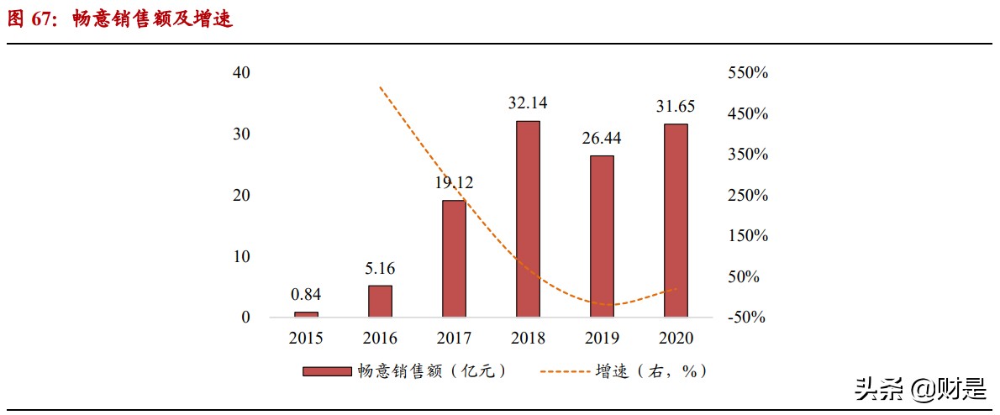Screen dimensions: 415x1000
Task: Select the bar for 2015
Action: [306, 314]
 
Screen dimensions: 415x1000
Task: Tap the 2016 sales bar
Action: [380, 301]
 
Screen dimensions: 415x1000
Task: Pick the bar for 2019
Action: [602, 236]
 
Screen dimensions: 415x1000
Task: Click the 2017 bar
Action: [454, 258]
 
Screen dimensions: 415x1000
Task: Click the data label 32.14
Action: [528, 103]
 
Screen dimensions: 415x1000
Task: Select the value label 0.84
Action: [306, 294]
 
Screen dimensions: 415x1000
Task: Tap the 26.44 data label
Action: [602, 138]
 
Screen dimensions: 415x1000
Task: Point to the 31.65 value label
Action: [676, 107]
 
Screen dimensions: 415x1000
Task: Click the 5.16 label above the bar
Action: [380, 269]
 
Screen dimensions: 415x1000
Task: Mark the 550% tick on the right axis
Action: [748, 73]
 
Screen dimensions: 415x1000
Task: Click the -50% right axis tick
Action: [748, 318]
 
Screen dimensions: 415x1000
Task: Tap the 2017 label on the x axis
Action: [454, 338]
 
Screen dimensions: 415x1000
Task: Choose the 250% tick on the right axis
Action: [748, 196]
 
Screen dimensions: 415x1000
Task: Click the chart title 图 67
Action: [119, 19]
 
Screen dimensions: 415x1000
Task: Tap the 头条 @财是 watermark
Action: [921, 389]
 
